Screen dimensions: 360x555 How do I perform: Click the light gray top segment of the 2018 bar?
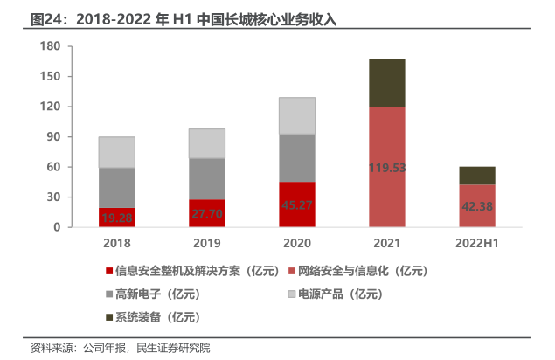tap(116, 152)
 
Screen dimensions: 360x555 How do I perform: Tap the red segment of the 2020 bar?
tap(296, 204)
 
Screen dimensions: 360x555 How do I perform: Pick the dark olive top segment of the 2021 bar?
tap(386, 83)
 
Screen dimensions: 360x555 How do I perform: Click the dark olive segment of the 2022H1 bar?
tap(476, 175)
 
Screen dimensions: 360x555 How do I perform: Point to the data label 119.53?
tap(386, 168)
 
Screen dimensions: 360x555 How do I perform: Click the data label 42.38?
tap(476, 207)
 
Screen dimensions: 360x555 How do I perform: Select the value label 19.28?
tap(116, 217)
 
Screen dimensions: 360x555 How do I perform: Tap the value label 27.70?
tap(206, 213)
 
